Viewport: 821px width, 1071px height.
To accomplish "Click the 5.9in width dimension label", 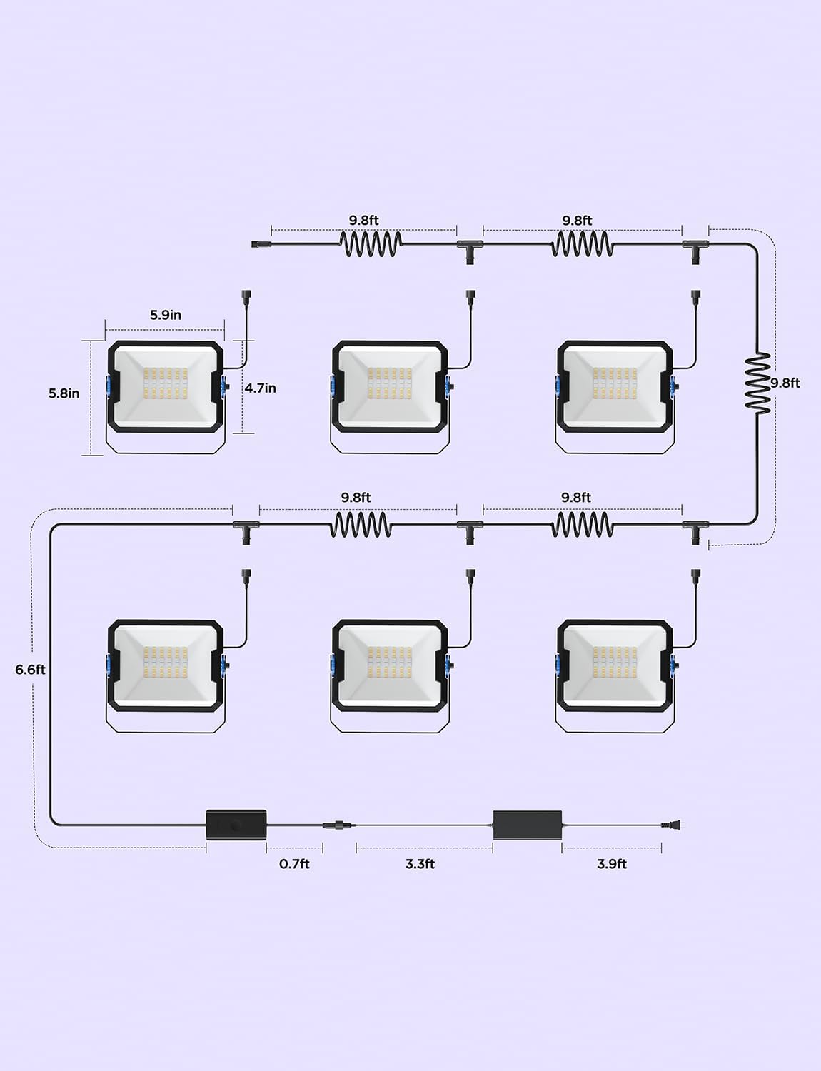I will point(166,315).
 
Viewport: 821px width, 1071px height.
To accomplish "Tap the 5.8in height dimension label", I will point(64,393).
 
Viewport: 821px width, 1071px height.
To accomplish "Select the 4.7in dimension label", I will point(261,388).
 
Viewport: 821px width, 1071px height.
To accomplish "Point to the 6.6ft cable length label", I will point(30,670).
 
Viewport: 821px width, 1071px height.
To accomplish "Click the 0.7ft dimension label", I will point(294,864).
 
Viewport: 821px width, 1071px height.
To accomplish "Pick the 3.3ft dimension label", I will point(420,864).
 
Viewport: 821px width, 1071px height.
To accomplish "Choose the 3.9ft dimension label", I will point(612,864).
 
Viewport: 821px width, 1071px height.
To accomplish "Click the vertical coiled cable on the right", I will point(757,383).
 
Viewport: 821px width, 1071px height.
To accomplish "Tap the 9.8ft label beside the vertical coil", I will point(785,383).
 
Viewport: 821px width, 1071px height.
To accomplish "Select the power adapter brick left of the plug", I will point(528,825).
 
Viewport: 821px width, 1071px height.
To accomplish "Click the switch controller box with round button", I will point(236,825).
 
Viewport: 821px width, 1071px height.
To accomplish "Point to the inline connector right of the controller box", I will point(334,825).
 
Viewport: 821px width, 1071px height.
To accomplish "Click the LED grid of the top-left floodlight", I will point(166,384).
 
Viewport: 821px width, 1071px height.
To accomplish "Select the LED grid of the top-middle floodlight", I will point(391,384).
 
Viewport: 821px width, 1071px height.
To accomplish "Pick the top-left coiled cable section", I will point(371,244).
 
